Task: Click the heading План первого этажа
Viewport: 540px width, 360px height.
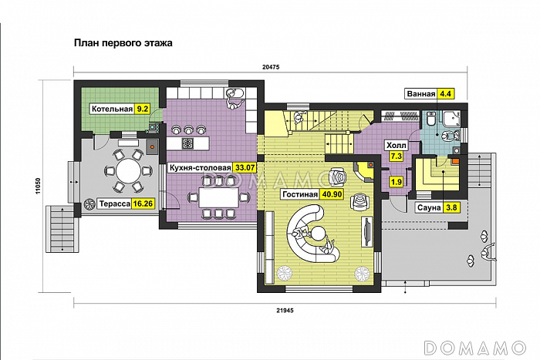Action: point(123,43)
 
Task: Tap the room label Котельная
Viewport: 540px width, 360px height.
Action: point(112,109)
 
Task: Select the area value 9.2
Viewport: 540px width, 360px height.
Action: point(142,109)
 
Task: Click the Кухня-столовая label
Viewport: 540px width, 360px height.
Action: point(200,168)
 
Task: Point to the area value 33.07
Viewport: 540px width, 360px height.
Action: point(245,168)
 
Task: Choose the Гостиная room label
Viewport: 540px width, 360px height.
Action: point(299,194)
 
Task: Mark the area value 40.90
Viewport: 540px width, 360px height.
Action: point(332,194)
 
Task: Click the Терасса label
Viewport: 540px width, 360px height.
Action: point(115,204)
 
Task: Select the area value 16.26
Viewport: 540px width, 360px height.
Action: point(143,204)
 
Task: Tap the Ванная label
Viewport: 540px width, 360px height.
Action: point(421,94)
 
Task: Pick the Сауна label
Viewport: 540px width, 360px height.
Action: point(429,208)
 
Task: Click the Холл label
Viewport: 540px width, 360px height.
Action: point(397,146)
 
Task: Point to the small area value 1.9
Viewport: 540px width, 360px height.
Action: point(397,181)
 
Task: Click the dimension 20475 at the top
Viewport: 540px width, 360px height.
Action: point(271,68)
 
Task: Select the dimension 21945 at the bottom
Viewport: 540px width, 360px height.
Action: point(285,311)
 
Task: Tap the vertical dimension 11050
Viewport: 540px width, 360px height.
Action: point(39,186)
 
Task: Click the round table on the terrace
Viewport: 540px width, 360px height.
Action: point(128,170)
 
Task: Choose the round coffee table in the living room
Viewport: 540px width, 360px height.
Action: point(319,234)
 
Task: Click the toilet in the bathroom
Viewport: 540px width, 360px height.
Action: point(430,119)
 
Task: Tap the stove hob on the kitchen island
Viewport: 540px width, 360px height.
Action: point(188,143)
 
